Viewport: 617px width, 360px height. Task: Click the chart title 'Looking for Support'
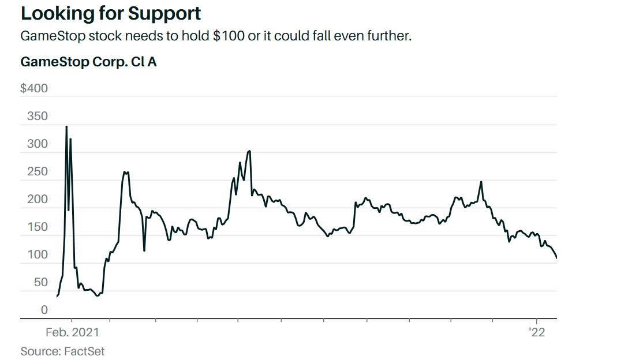click(111, 13)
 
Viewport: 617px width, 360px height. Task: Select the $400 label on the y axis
click(34, 88)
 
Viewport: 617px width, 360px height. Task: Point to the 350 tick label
click(38, 116)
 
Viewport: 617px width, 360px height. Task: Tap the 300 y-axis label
click(38, 144)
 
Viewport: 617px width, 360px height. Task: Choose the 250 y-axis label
click(38, 171)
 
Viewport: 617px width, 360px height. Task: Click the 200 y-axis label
click(38, 199)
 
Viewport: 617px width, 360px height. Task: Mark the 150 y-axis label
click(38, 227)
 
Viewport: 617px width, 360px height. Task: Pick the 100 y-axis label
click(38, 254)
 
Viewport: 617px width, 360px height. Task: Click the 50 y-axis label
click(40, 282)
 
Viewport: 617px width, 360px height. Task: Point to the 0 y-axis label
click(44, 310)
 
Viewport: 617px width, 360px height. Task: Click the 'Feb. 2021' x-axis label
click(72, 332)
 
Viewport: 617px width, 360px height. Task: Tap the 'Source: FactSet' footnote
click(62, 351)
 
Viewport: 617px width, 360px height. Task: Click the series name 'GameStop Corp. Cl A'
click(88, 62)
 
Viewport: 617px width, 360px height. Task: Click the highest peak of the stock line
click(66, 126)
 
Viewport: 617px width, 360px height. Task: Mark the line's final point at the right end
click(556, 258)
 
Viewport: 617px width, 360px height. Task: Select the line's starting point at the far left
click(57, 297)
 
